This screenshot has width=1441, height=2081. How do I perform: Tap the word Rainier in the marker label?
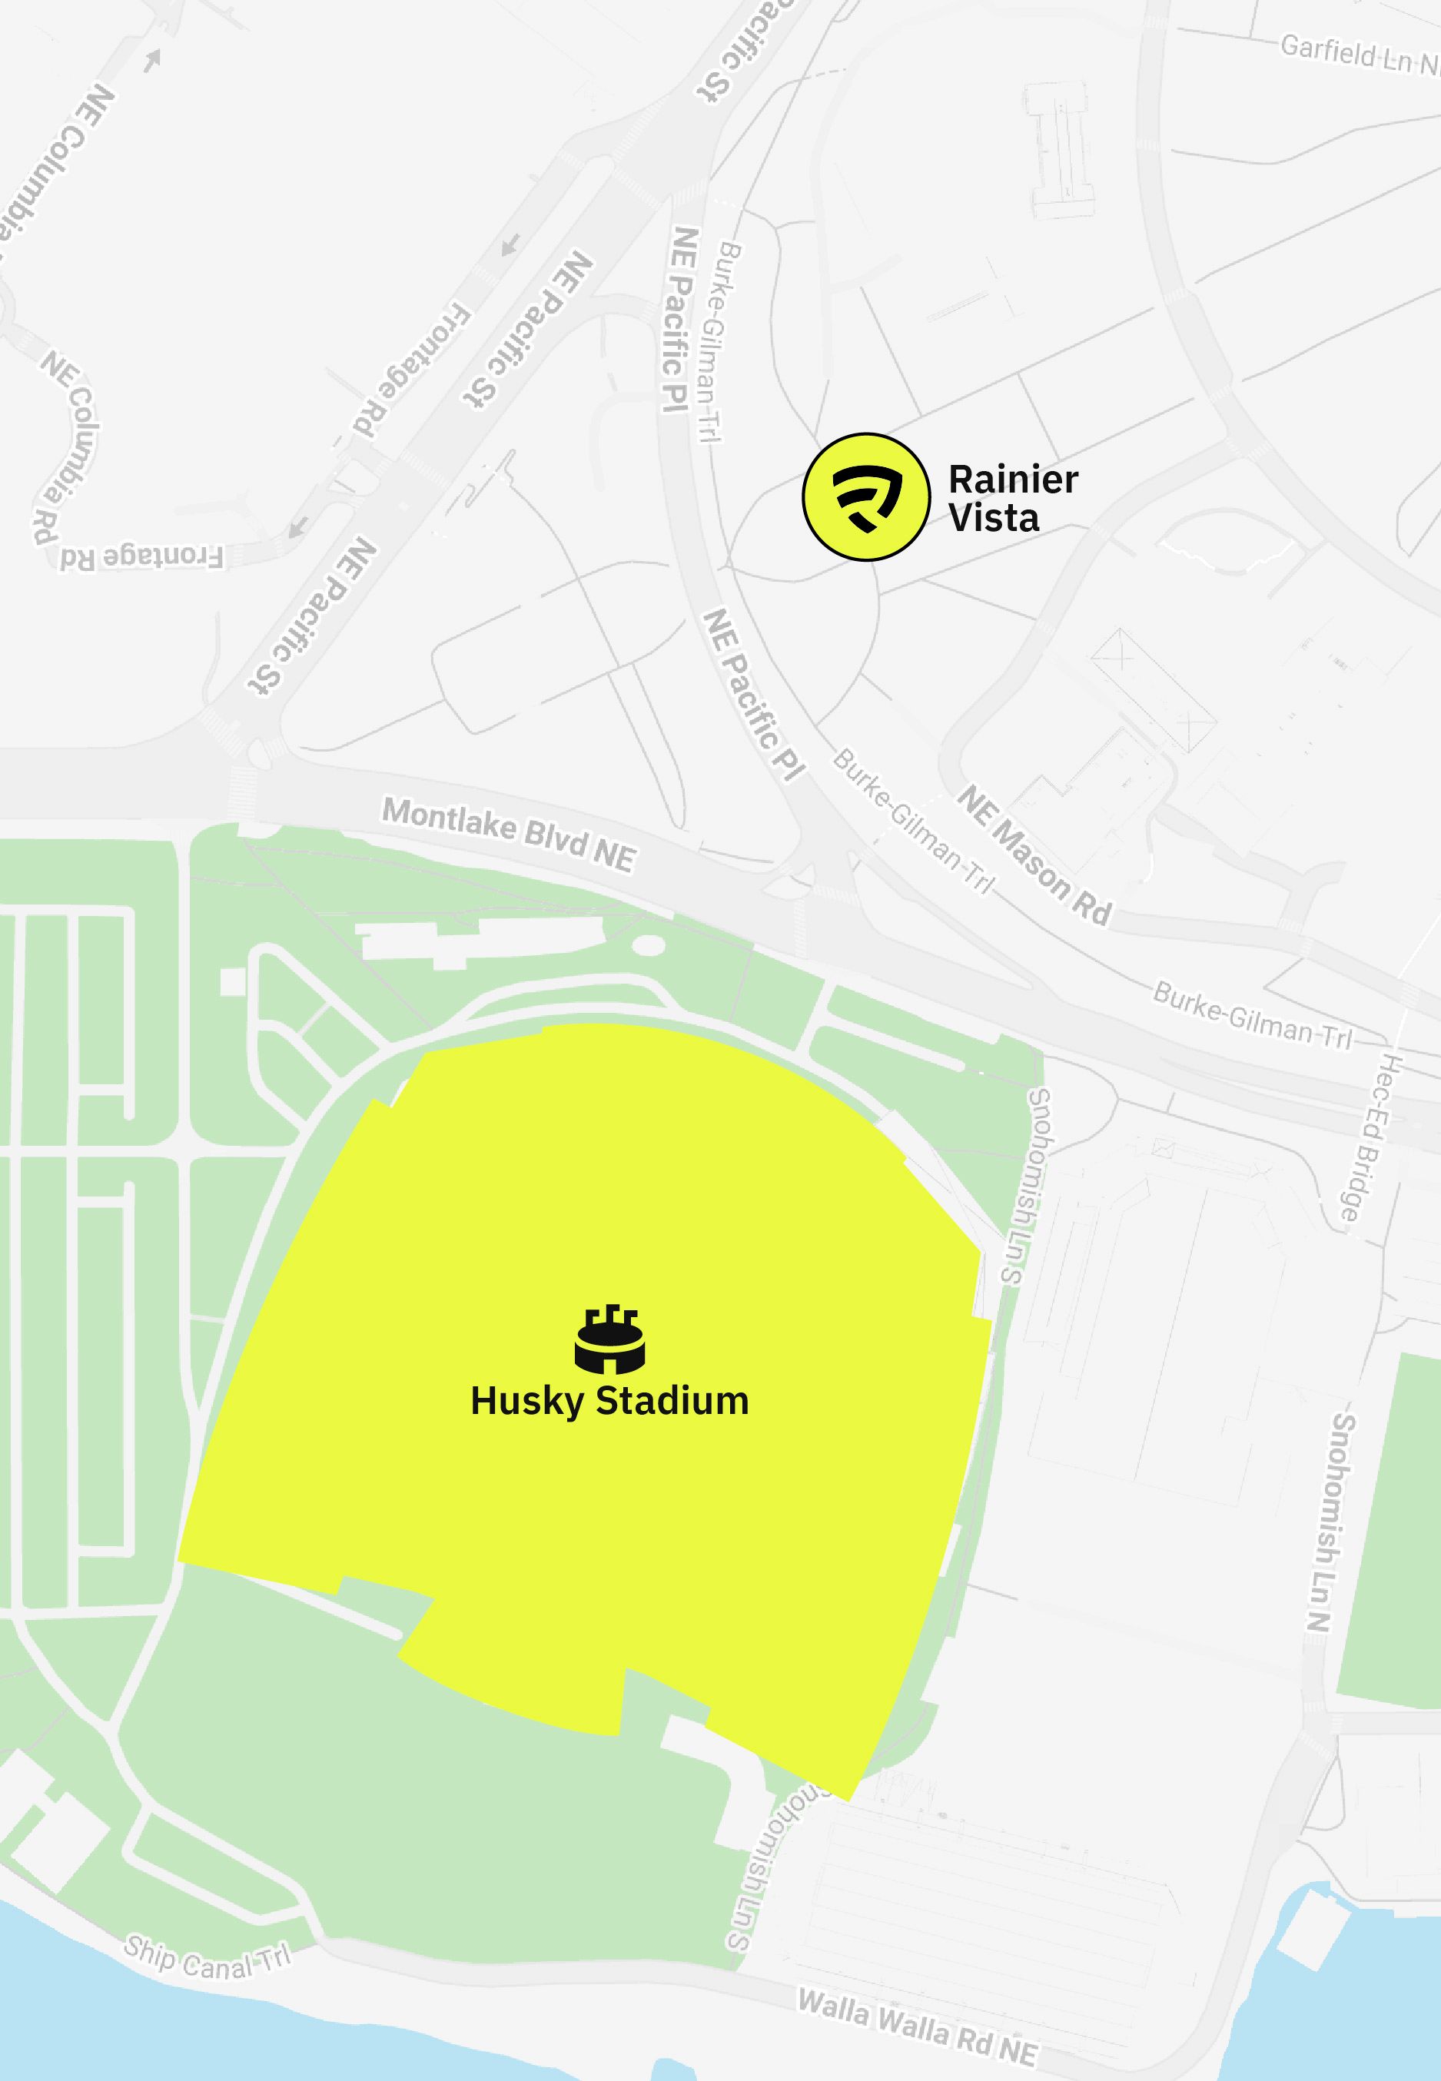1013,480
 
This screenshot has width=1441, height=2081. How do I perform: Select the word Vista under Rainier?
993,518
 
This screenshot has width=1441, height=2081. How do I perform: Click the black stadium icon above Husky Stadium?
609,1338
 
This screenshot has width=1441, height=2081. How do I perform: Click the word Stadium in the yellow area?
672,1401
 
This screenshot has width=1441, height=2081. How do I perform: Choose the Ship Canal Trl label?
208,1957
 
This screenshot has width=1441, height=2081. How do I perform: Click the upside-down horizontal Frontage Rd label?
141,556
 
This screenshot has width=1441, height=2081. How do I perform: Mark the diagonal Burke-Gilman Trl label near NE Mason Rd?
912,820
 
